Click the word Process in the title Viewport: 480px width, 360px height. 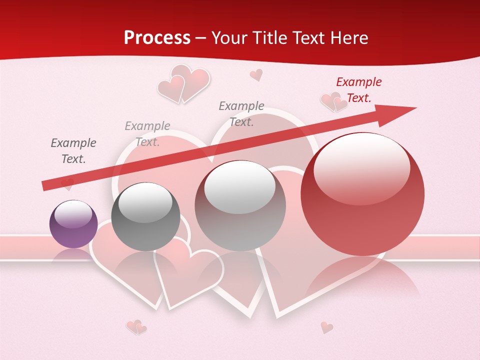(x=157, y=38)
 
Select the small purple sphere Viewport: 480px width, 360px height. (x=73, y=224)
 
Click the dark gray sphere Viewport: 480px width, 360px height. (x=145, y=216)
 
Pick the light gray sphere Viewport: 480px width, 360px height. (x=240, y=205)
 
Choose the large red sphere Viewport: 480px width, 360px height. (x=362, y=194)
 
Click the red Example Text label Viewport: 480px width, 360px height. (x=358, y=90)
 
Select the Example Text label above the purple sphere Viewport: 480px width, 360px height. (x=73, y=151)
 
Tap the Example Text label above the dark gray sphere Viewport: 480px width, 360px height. (x=147, y=134)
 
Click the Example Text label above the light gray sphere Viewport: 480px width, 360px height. (x=241, y=113)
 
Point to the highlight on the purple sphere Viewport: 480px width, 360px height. (x=73, y=214)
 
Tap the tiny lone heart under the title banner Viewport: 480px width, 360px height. (x=256, y=75)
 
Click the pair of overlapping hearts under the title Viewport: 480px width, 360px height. (x=183, y=83)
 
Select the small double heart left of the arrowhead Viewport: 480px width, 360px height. (x=333, y=102)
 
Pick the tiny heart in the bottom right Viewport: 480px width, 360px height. (x=326, y=327)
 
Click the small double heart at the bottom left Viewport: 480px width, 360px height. (x=136, y=327)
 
